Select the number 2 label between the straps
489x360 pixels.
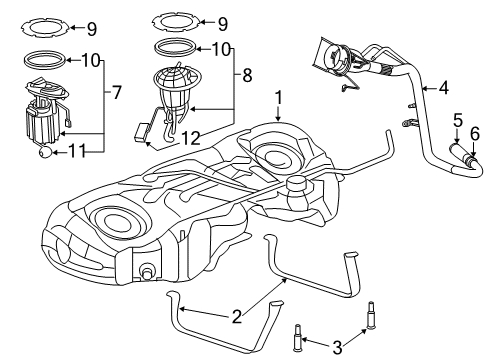pyautogui.click(x=236, y=317)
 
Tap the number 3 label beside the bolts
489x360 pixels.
pyautogui.click(x=338, y=348)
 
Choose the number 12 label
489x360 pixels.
pyautogui.click(x=189, y=137)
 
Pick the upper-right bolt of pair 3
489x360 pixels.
pyautogui.click(x=372, y=311)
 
